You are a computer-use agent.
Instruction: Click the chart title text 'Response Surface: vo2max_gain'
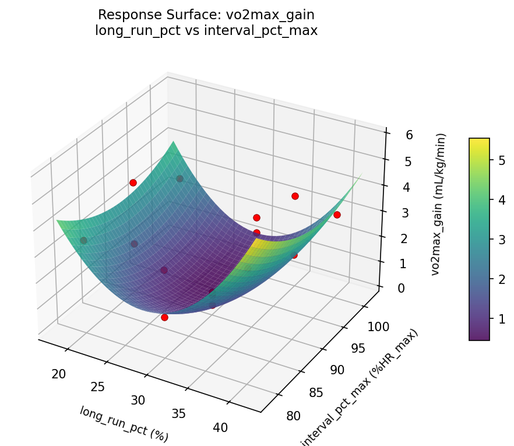(206, 15)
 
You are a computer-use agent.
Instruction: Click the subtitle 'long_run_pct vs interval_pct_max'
(206, 31)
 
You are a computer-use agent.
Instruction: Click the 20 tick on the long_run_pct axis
(58, 374)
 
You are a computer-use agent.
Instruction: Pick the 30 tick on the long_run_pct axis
(138, 400)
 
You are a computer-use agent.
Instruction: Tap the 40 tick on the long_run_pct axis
(220, 427)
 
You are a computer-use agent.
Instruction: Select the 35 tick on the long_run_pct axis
(178, 413)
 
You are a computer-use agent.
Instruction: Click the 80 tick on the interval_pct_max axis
(295, 416)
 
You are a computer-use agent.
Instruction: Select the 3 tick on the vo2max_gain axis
(390, 212)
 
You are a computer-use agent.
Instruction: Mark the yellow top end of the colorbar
(479, 141)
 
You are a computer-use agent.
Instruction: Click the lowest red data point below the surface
(164, 317)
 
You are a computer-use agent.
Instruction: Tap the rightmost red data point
(337, 215)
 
